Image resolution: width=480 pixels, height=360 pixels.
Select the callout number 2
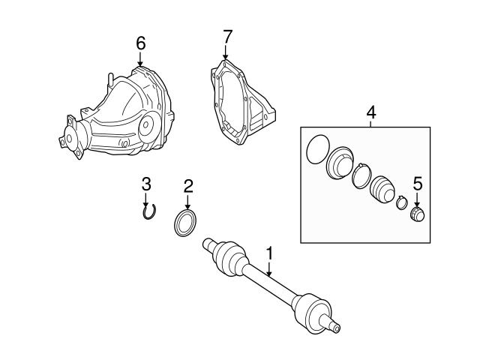coord(188,185)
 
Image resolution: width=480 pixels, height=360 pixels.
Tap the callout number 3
coord(147,183)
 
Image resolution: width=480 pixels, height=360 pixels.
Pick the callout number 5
coord(416,183)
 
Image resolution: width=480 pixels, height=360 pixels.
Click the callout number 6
coord(140,43)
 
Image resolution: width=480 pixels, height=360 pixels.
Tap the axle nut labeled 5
coord(416,214)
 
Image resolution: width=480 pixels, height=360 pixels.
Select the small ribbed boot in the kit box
coord(382,189)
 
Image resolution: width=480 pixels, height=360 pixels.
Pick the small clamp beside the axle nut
coord(401,202)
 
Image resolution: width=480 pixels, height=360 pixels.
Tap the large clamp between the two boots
coord(361,177)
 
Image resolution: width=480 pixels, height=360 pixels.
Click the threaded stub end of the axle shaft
coord(334,325)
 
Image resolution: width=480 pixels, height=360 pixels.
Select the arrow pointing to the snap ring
coord(147,199)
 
